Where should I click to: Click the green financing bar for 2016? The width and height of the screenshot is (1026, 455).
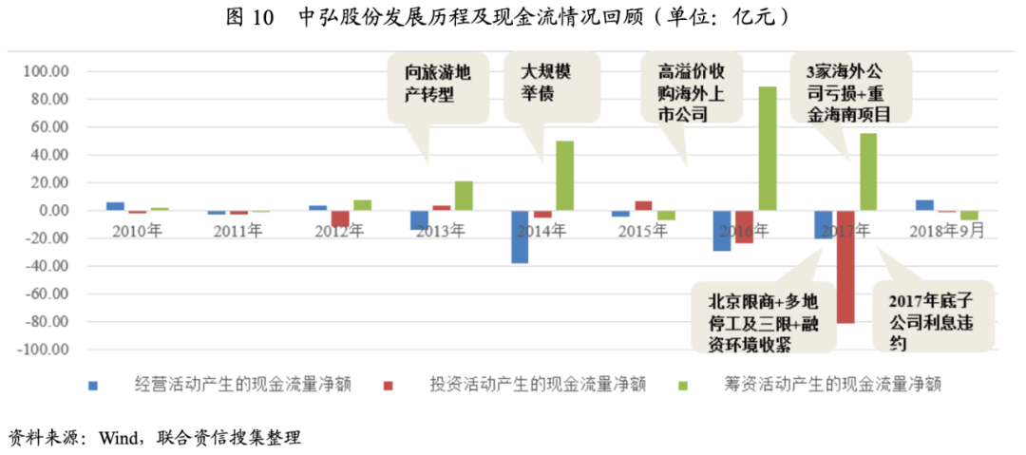768,148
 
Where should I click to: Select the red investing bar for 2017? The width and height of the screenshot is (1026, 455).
845,267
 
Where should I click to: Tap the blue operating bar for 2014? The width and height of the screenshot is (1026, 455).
520,237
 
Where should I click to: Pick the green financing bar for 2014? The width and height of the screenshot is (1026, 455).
564,176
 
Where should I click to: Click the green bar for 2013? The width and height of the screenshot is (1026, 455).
464,196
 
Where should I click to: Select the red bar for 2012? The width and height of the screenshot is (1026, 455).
340,219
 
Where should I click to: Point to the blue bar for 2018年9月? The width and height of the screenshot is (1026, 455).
924,205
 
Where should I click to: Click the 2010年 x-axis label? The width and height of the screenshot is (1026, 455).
137,231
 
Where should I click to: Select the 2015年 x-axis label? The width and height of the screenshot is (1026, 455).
641,231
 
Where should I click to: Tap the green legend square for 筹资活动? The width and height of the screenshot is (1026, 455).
681,385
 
